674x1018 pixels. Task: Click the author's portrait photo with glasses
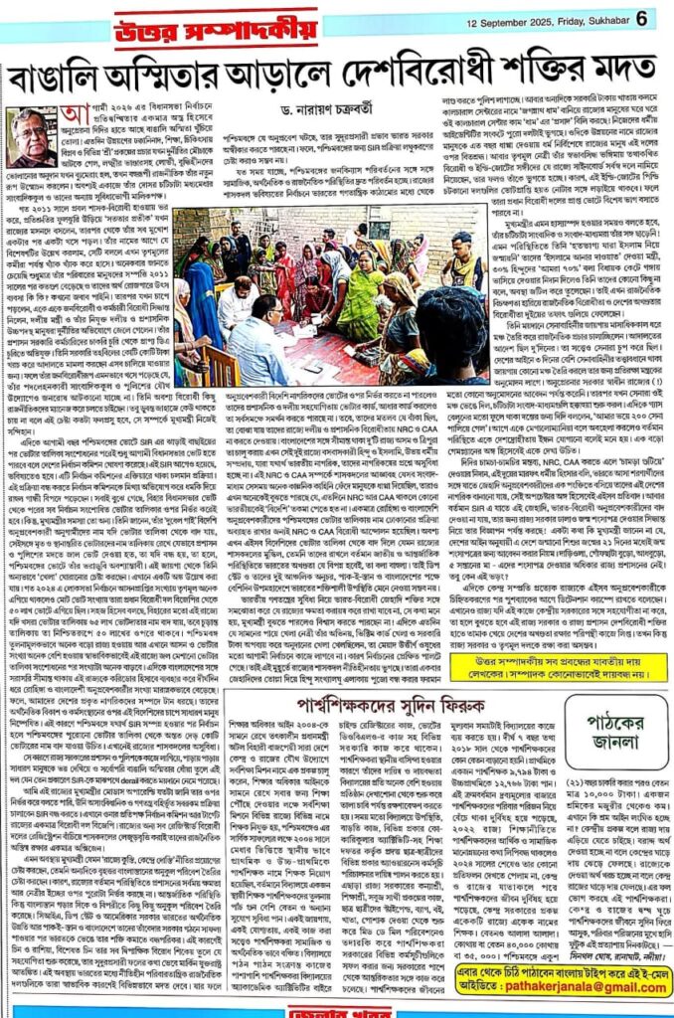pyautogui.click(x=35, y=137)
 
